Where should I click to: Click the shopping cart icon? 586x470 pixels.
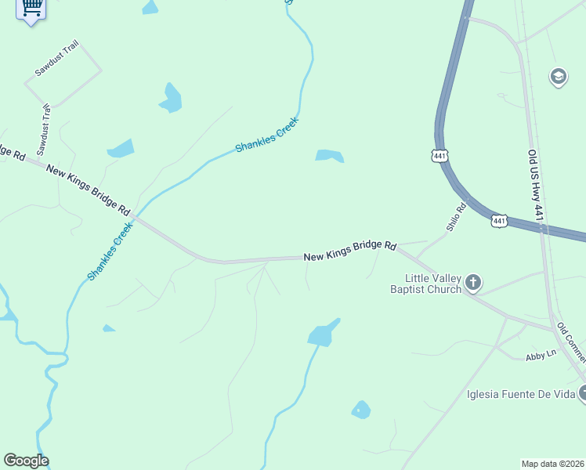tap(31, 9)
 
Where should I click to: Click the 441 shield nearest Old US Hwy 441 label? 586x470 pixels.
tap(500, 222)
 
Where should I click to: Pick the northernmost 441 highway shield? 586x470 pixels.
tap(439, 157)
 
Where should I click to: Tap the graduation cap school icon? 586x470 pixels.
tap(559, 77)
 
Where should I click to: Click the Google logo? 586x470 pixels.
tap(26, 461)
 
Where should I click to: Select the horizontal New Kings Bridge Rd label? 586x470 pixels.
tap(351, 251)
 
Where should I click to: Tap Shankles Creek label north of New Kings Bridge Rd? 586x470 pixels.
tap(267, 136)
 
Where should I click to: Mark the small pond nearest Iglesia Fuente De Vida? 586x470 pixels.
tap(360, 410)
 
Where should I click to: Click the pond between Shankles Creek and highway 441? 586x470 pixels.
tap(330, 156)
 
